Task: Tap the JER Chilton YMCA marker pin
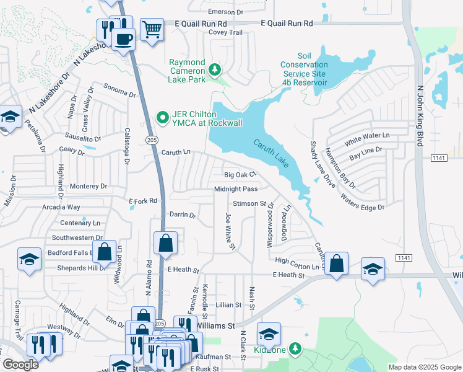pos(163,117)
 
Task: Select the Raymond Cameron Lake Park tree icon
pos(215,69)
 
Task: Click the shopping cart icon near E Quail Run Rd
pos(151,29)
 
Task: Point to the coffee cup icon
pos(123,39)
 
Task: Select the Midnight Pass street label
pos(236,189)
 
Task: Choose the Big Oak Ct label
pos(240,175)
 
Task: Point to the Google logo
pos(20,365)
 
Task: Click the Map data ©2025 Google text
pos(424,367)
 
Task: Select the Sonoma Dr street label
pos(119,91)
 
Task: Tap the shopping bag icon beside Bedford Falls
pos(105,251)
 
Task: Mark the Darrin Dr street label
pos(183,215)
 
